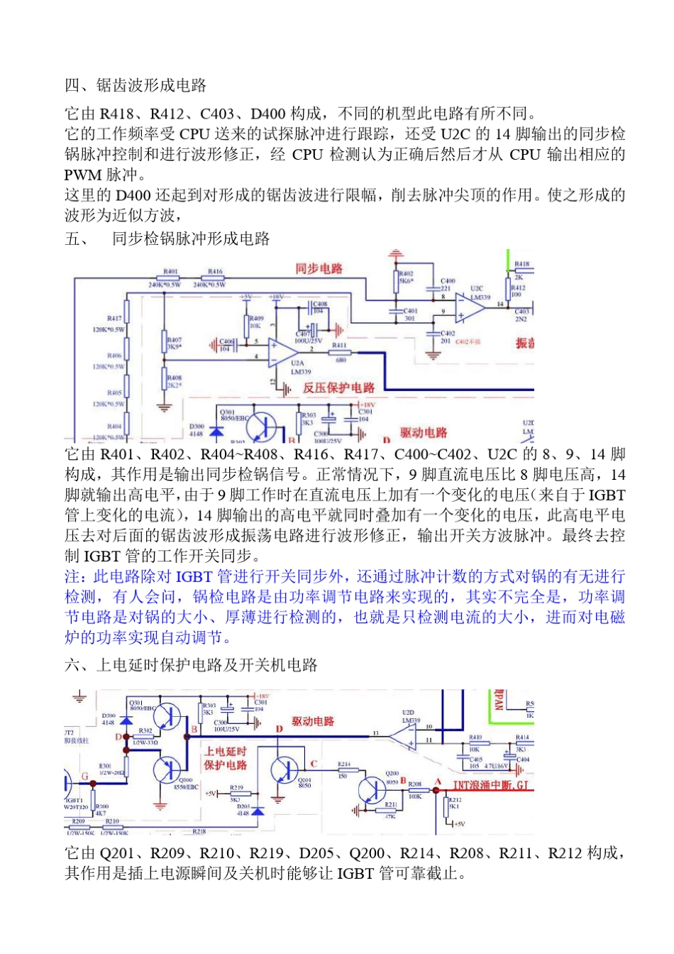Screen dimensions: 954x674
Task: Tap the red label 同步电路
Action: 319,268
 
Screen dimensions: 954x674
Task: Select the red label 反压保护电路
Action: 338,388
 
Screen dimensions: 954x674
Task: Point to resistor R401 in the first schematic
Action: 170,278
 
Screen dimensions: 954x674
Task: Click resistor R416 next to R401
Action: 215,278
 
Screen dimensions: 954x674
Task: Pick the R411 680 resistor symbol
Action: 340,353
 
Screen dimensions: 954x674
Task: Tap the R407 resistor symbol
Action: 165,342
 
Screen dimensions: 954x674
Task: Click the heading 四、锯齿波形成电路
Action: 136,86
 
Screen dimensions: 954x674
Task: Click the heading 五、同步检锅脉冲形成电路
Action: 167,238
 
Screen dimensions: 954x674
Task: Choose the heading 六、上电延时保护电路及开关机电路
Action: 191,665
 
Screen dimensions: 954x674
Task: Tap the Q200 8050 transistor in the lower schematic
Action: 373,790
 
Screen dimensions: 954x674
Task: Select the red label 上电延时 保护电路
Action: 226,758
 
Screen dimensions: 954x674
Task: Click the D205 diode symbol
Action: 258,810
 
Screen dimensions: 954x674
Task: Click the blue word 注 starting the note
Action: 72,576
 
